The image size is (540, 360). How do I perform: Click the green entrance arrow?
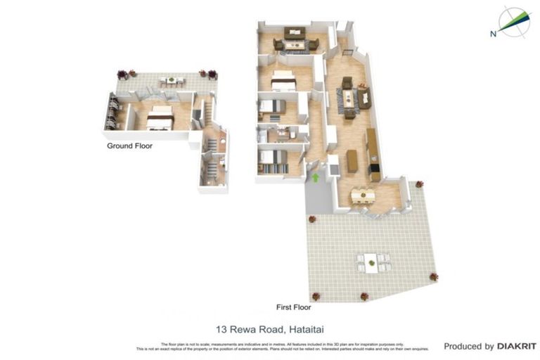click(x=315, y=178)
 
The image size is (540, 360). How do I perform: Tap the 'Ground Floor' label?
click(x=129, y=146)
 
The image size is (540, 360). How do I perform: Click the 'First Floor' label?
click(x=292, y=307)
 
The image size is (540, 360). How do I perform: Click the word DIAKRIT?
click(x=517, y=346)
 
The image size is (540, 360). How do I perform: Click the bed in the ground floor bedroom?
click(x=160, y=118)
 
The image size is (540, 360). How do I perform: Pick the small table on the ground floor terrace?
click(x=169, y=82)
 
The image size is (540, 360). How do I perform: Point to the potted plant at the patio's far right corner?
click(x=433, y=276)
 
